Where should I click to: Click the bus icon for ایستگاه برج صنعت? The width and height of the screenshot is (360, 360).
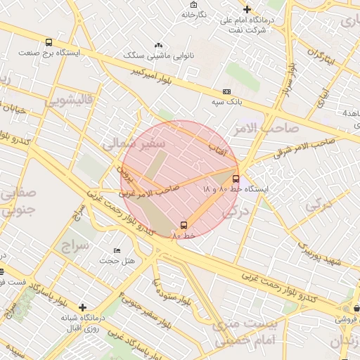pyautogui.click(x=48, y=42)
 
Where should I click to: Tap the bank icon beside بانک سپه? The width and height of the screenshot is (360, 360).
pyautogui.click(x=226, y=91)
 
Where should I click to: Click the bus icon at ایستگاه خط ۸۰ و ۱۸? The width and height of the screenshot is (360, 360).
pyautogui.click(x=236, y=179)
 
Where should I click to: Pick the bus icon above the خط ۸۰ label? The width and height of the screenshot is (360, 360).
pyautogui.click(x=184, y=225)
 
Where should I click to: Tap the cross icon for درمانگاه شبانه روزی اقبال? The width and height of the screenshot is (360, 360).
pyautogui.click(x=83, y=307)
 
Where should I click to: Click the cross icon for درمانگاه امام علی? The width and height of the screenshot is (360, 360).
pyautogui.click(x=247, y=9)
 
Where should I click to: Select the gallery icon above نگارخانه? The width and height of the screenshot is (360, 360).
pyautogui.click(x=193, y=4)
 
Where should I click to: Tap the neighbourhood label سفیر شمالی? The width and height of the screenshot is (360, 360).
pyautogui.click(x=134, y=144)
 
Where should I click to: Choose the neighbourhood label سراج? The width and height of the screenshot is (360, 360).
pyautogui.click(x=77, y=247)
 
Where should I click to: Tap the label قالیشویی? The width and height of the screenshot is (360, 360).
pyautogui.click(x=69, y=101)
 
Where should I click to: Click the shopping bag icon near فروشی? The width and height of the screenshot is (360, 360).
pyautogui.click(x=357, y=307)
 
